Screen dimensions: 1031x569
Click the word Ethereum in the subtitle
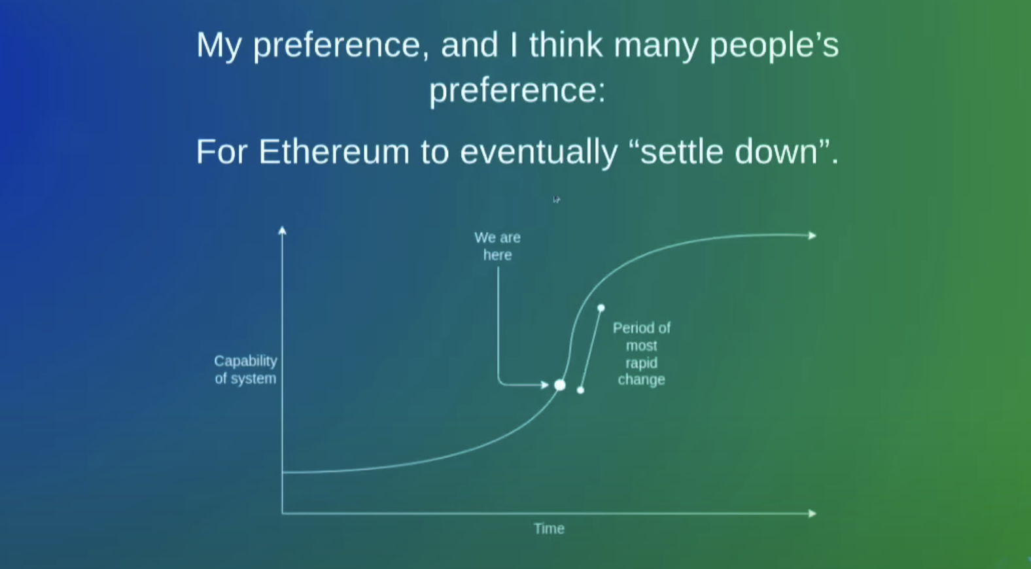334,152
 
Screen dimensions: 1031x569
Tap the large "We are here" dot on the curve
560,385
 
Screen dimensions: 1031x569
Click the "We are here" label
498,246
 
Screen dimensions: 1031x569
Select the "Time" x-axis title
549,528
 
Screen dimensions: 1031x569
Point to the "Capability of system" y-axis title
246,370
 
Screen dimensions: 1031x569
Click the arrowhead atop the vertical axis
282,230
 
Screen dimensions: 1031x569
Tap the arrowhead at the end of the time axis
813,513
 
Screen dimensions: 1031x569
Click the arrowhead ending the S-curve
813,235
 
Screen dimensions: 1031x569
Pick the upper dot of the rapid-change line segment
601,308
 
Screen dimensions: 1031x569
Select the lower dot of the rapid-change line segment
580,390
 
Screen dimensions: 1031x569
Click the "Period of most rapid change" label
642,354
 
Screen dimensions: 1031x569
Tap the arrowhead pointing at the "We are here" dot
544,385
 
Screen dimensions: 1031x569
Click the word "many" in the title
656,46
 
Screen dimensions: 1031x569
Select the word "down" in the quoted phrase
776,152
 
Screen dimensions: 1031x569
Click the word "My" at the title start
219,46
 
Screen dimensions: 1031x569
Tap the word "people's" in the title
775,46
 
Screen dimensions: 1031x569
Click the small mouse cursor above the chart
556,199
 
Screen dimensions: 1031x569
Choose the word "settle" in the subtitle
682,152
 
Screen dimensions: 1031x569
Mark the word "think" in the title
566,44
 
